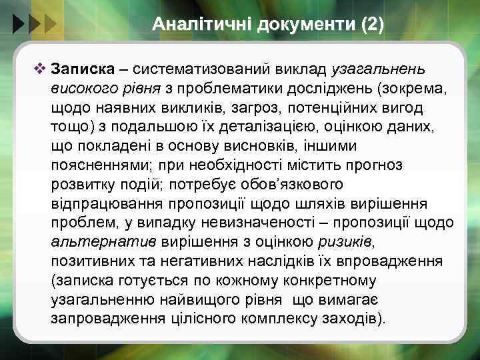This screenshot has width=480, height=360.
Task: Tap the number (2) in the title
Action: point(371,25)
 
